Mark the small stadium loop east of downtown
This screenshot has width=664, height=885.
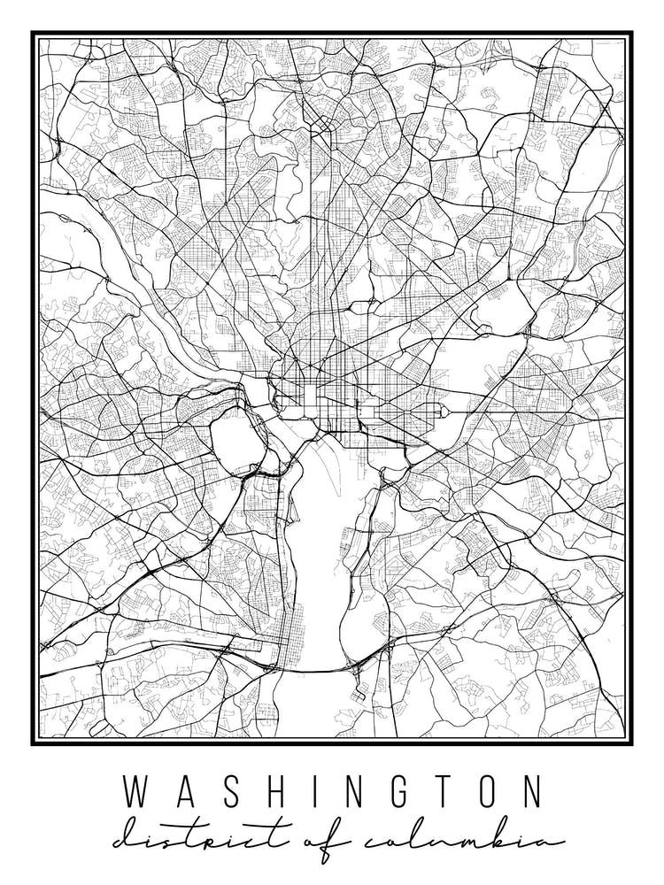point(437,412)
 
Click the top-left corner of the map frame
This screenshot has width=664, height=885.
point(34,34)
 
